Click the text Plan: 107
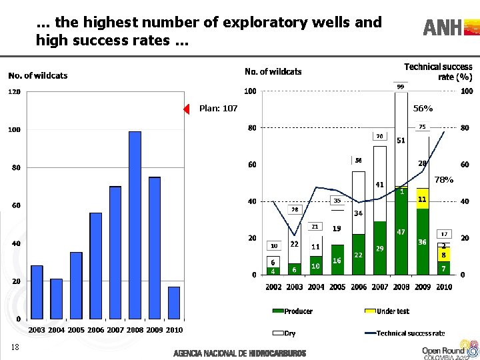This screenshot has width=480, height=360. click(x=218, y=109)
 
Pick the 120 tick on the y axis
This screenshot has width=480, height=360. click(x=14, y=91)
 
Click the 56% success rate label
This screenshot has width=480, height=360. click(x=423, y=108)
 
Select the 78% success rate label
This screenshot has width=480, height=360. click(x=444, y=180)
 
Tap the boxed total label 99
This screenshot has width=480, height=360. click(x=401, y=87)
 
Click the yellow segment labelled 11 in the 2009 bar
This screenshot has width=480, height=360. click(x=422, y=199)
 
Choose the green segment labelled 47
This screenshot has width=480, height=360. click(x=401, y=231)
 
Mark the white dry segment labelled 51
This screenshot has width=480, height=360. click(x=401, y=140)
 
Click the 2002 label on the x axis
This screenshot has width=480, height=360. click(x=273, y=287)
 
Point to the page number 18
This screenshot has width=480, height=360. click(x=15, y=347)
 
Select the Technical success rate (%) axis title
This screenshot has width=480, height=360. click(x=438, y=71)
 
